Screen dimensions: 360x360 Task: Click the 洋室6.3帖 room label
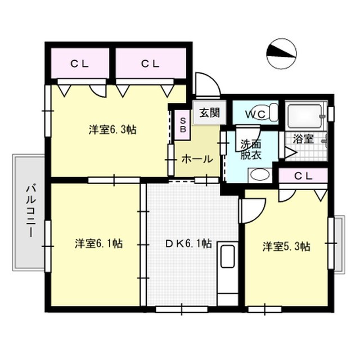tap(112, 130)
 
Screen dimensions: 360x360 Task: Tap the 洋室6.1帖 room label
tap(99, 244)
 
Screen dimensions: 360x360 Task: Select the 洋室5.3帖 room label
tap(286, 247)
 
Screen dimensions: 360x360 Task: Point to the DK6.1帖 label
tap(188, 244)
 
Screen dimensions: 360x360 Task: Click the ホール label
tap(197, 159)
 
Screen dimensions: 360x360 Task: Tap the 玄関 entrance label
tap(210, 113)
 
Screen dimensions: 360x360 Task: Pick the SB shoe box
tap(182, 125)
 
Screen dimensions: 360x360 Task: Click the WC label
tap(255, 114)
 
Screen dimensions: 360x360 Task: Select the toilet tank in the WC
tap(274, 112)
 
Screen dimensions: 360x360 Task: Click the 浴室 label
tap(303, 139)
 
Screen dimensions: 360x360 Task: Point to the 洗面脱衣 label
tap(251, 150)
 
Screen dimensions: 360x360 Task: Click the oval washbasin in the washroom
tap(260, 175)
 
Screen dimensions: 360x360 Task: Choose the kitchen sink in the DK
tap(227, 256)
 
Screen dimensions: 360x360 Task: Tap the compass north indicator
tap(281, 53)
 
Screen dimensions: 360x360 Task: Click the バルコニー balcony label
tap(30, 211)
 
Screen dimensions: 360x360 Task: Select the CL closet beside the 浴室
tap(303, 176)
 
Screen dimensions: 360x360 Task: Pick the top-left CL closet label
tap(80, 64)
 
